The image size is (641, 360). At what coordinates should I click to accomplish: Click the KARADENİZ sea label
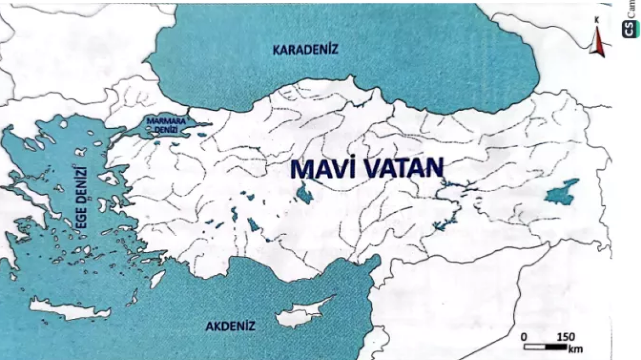point(306,50)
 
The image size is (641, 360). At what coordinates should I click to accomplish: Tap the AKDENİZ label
point(230,327)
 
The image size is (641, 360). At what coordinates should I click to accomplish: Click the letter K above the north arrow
point(597,20)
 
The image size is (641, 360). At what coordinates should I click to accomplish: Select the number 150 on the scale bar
point(566,336)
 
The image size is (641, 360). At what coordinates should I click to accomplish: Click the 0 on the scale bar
point(524,336)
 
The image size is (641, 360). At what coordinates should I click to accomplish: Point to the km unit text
point(576,348)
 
